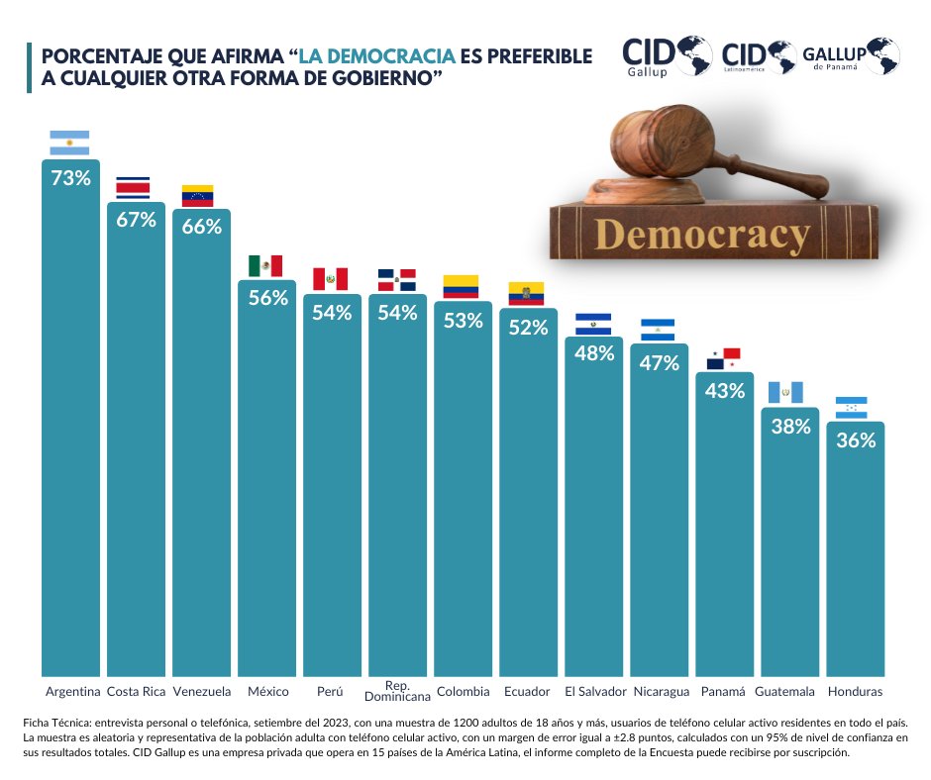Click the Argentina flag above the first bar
tap(69, 143)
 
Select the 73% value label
tap(70, 179)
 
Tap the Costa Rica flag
tap(134, 188)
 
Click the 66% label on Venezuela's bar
tap(201, 227)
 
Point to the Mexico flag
tap(265, 265)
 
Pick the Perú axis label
tap(331, 691)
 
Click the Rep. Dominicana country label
tap(397, 691)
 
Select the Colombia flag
tap(461, 286)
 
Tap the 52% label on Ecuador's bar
tap(528, 328)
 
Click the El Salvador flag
tap(593, 323)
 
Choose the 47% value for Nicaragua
tap(659, 363)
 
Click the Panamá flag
tap(724, 358)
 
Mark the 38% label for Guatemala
tap(790, 427)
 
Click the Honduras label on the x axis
tap(855, 691)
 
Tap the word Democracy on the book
tap(703, 236)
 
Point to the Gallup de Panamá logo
tap(850, 56)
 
